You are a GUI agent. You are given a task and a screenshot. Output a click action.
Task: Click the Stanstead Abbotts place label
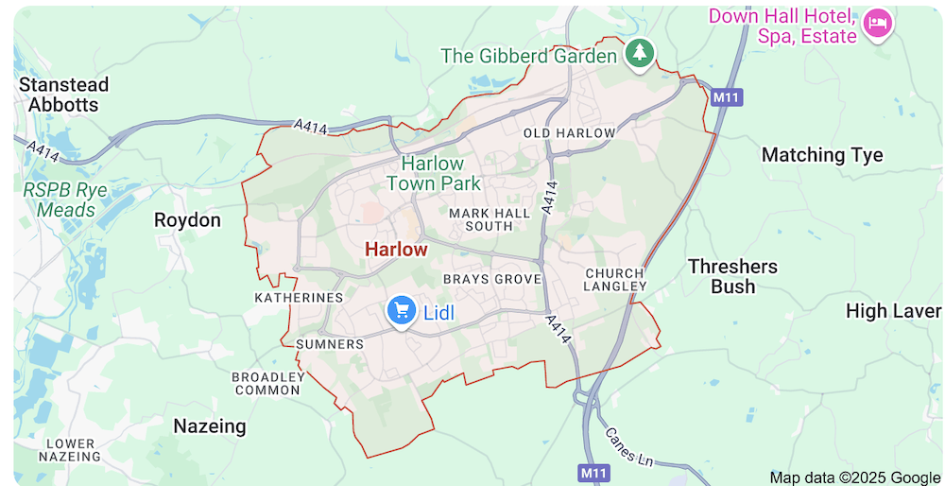[64, 95]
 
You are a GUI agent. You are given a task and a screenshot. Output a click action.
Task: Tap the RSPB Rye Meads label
[65, 200]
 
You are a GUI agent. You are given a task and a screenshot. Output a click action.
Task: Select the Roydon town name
[187, 220]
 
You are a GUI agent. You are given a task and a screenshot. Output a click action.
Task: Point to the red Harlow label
[396, 250]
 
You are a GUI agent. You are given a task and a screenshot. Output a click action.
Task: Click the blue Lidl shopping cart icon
[402, 309]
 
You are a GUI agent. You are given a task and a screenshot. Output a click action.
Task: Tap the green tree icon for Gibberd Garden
[640, 53]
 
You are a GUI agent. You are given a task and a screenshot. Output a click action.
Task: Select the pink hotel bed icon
[878, 24]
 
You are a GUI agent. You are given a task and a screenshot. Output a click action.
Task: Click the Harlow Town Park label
[434, 174]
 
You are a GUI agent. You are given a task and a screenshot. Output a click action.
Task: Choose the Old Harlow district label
[569, 133]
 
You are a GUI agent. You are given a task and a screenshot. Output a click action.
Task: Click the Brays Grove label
[492, 279]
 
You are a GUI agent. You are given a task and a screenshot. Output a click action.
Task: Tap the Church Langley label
[614, 279]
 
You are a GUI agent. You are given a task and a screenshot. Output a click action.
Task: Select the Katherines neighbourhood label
[299, 298]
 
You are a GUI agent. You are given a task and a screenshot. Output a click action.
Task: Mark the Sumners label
[330, 344]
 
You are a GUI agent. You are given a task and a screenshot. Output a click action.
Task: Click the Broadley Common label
[267, 383]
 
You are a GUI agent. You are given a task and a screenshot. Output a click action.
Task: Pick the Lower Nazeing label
[71, 450]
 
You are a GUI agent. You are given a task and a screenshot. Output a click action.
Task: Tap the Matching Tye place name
[822, 155]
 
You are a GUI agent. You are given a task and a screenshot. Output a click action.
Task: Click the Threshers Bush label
[733, 276]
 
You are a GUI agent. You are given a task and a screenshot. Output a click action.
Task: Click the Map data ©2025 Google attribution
[854, 477]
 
